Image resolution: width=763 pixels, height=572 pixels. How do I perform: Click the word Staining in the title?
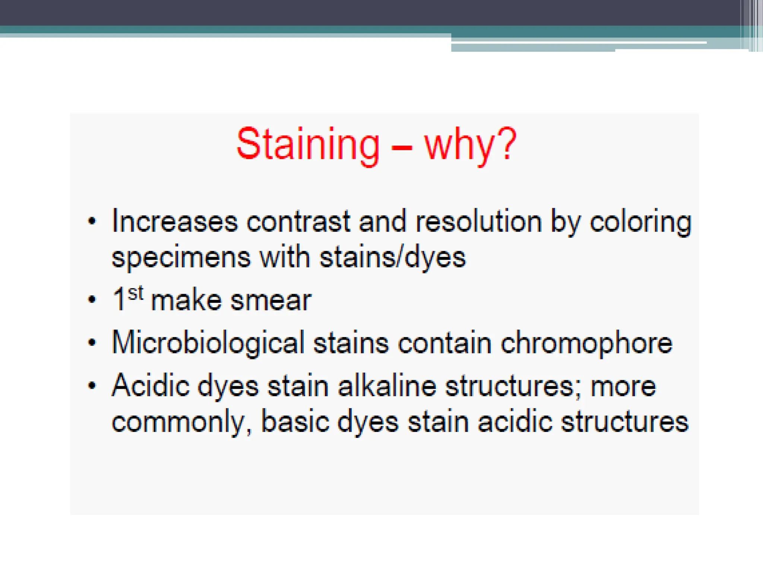(308, 144)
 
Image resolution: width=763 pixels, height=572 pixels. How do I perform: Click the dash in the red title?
(402, 147)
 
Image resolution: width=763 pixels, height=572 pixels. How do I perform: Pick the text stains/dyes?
(393, 258)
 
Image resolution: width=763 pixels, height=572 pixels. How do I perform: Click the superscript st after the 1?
(136, 293)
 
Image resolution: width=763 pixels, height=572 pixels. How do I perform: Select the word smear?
(271, 301)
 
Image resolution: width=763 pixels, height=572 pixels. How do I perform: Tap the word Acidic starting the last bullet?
(151, 386)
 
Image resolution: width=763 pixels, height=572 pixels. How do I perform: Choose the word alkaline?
(387, 386)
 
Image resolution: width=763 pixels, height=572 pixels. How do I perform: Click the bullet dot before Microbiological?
(92, 342)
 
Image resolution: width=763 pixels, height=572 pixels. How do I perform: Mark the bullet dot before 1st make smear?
(92, 299)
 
